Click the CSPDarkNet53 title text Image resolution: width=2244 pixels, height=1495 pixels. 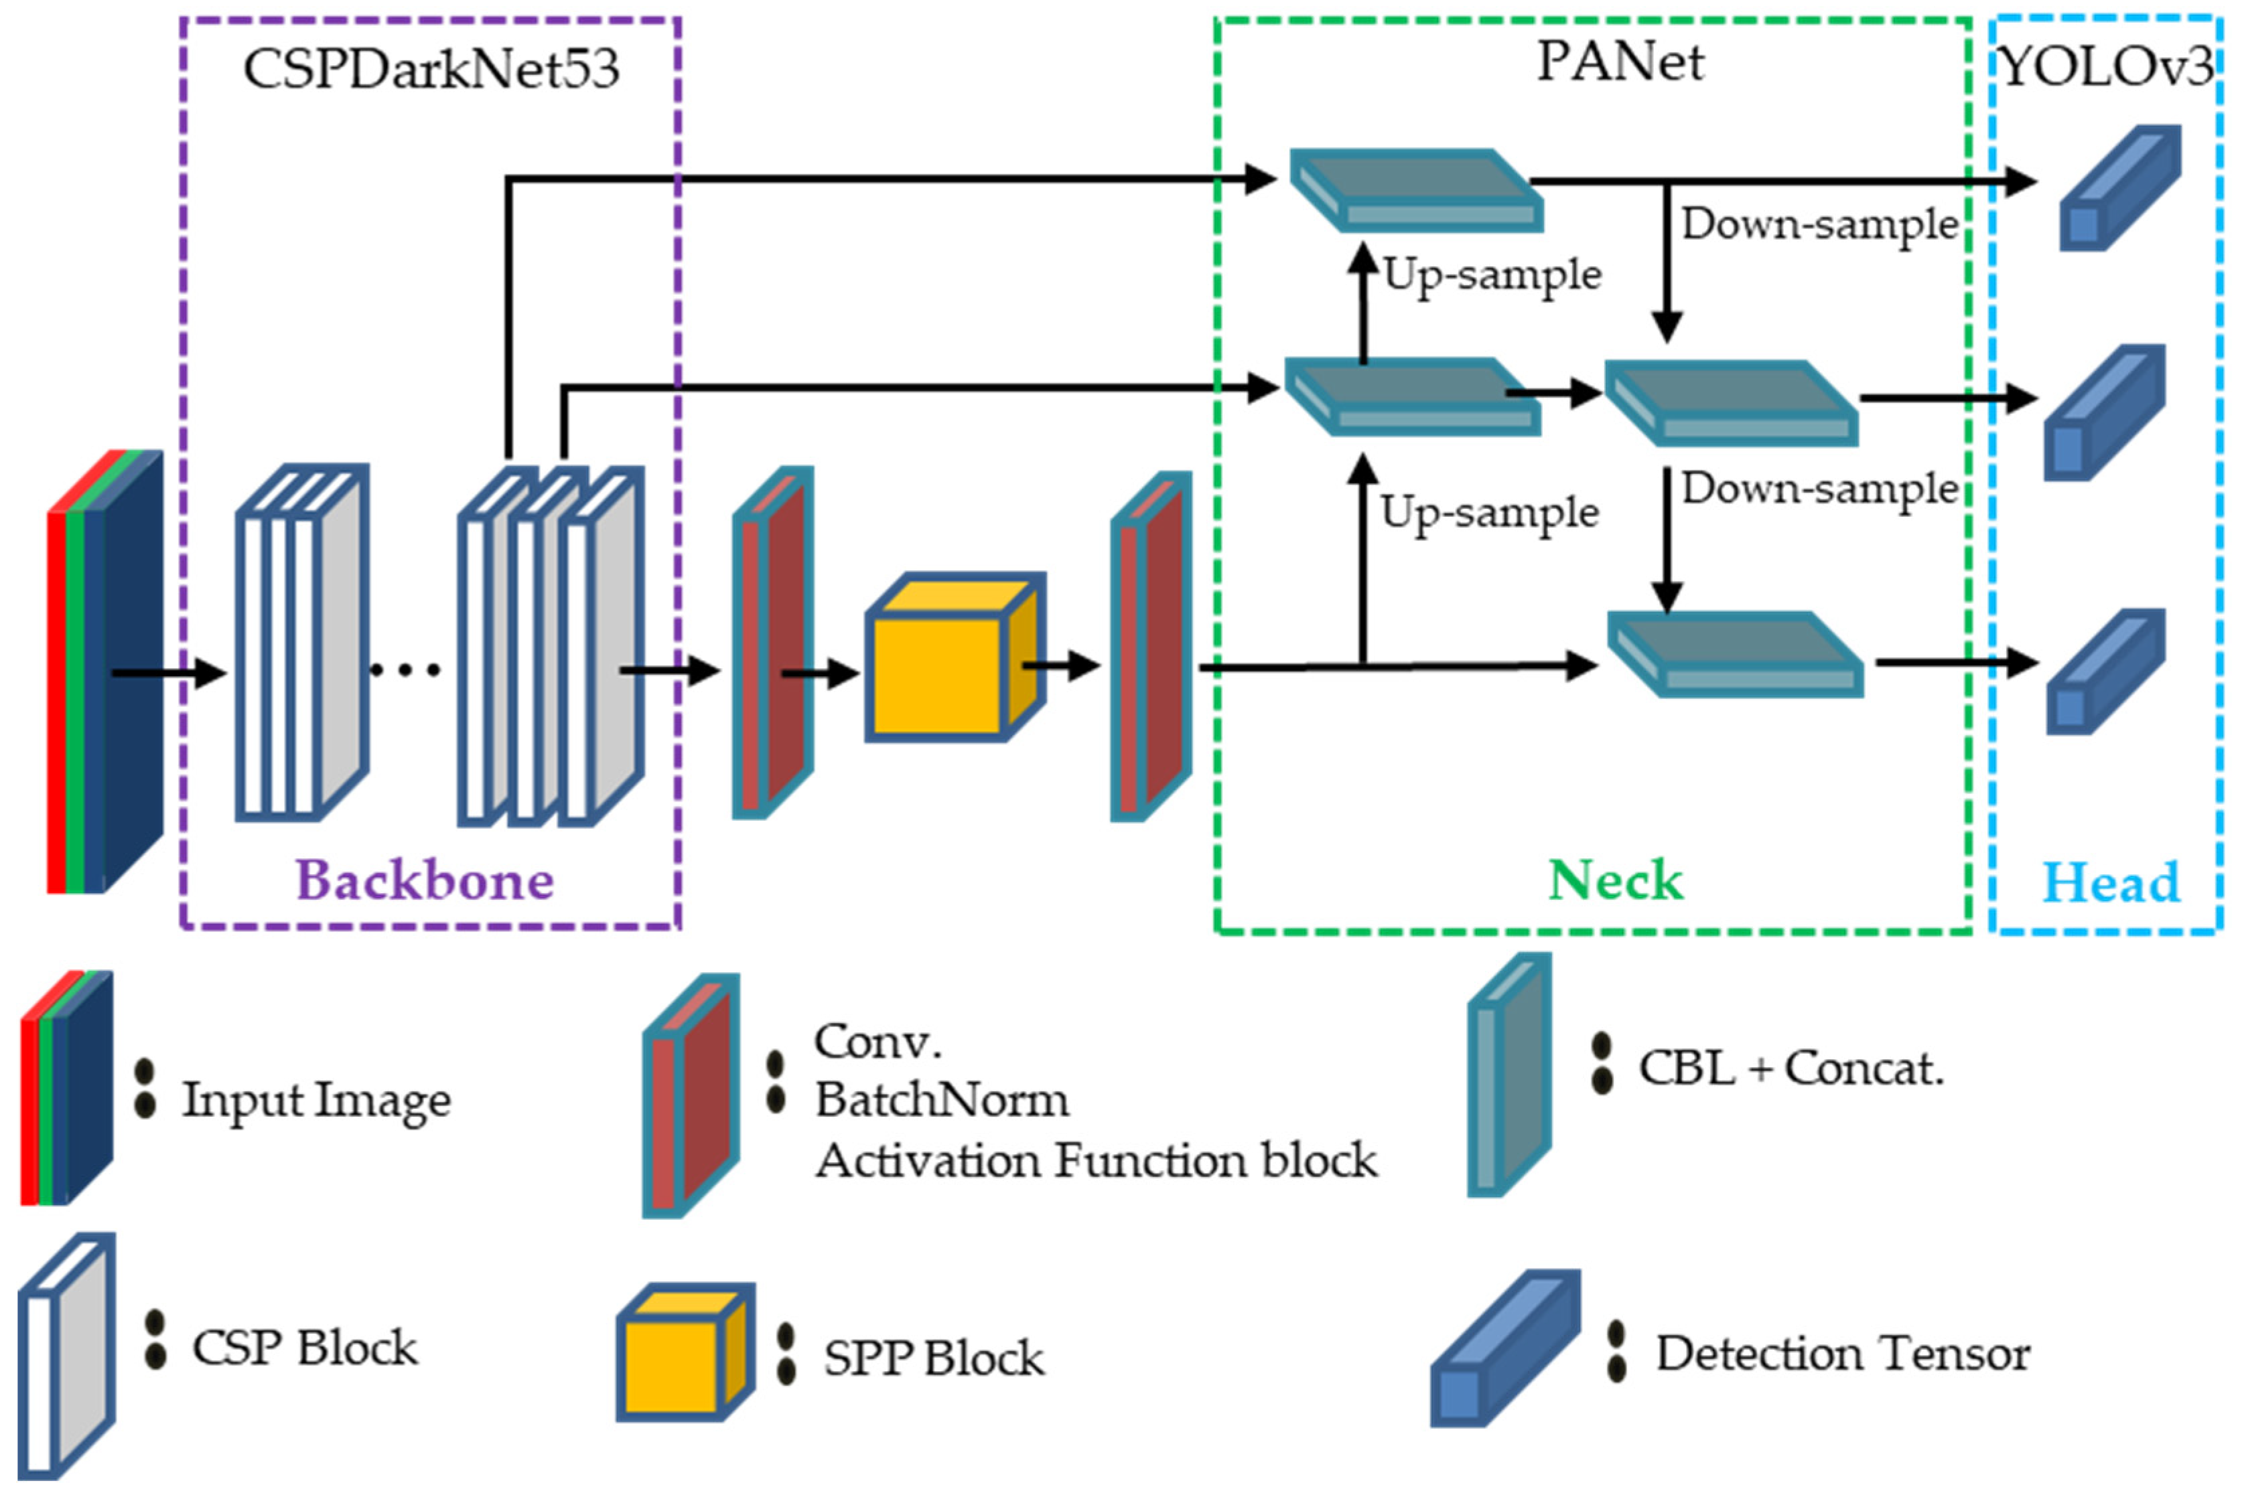tap(431, 69)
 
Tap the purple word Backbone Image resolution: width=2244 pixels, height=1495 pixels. tap(425, 879)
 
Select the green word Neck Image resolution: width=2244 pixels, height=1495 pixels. tap(1616, 879)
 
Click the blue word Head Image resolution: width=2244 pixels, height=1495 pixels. tap(2111, 882)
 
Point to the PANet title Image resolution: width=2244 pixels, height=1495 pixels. tap(1619, 62)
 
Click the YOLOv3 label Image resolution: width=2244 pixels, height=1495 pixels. tap(2107, 67)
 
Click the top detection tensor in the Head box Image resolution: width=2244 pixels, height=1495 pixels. tap(2119, 188)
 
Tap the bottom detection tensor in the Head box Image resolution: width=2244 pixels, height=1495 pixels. tap(2105, 672)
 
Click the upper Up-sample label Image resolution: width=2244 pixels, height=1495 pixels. tap(1492, 274)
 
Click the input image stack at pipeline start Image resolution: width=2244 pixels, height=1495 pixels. tap(105, 672)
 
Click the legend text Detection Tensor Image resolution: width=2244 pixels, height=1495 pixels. tap(1843, 1354)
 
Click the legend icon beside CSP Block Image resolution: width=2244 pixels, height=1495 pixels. tap(67, 1354)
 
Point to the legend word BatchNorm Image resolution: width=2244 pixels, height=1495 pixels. tap(941, 1100)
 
